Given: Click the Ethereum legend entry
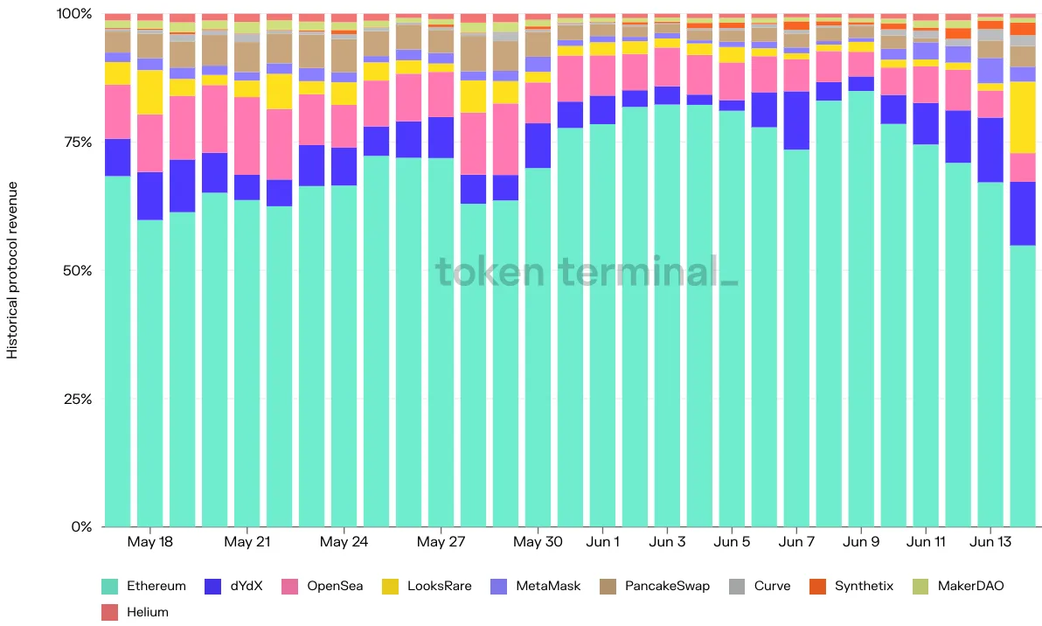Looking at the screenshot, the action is (143, 586).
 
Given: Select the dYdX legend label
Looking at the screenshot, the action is (233, 586).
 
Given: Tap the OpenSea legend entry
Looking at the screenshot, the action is (323, 586).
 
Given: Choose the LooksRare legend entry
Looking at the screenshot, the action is (427, 586).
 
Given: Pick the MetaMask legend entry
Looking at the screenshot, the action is (536, 586).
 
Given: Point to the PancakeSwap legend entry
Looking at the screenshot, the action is (655, 586).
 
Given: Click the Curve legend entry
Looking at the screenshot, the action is (760, 586).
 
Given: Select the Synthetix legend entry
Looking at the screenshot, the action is (851, 586).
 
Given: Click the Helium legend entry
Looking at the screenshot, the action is (135, 612).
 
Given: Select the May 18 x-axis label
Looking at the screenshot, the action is (150, 541).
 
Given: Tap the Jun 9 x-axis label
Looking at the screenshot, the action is (861, 541).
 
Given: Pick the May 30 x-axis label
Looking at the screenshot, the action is (538, 541).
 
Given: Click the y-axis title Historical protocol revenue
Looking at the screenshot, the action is (12, 270).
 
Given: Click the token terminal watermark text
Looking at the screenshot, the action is (586, 271).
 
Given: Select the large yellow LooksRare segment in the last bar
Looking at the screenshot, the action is (1023, 118).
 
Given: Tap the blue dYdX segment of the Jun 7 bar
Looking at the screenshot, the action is (796, 121).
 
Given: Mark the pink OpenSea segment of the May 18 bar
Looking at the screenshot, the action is (150, 143).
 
